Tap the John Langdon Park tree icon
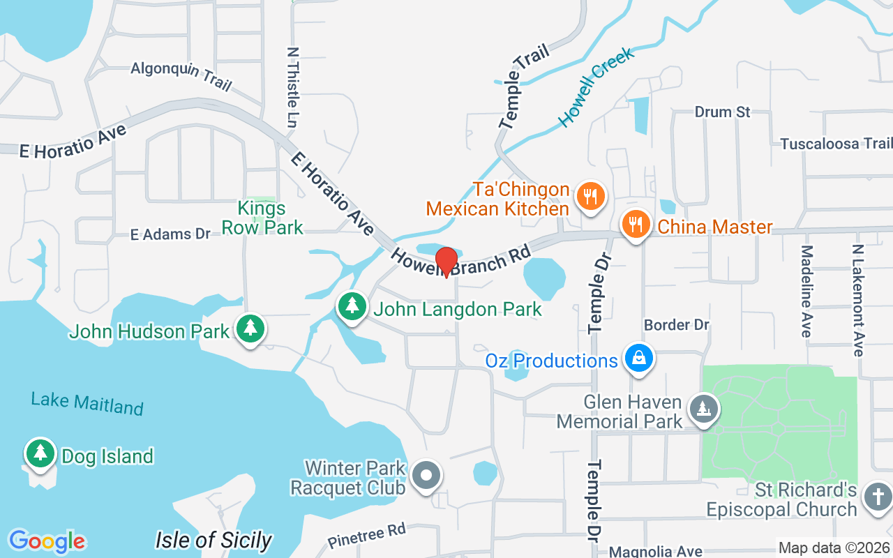point(353,306)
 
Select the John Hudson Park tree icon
point(250,328)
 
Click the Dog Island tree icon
point(40,453)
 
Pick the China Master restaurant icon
point(636,225)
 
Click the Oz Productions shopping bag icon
point(638,359)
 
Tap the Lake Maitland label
point(87,403)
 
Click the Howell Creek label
point(596,88)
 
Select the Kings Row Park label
point(262,218)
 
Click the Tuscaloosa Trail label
point(836,144)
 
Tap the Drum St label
point(722,112)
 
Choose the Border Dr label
point(676,325)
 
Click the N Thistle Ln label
point(292,87)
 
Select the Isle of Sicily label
point(213,540)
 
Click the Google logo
point(47,541)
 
